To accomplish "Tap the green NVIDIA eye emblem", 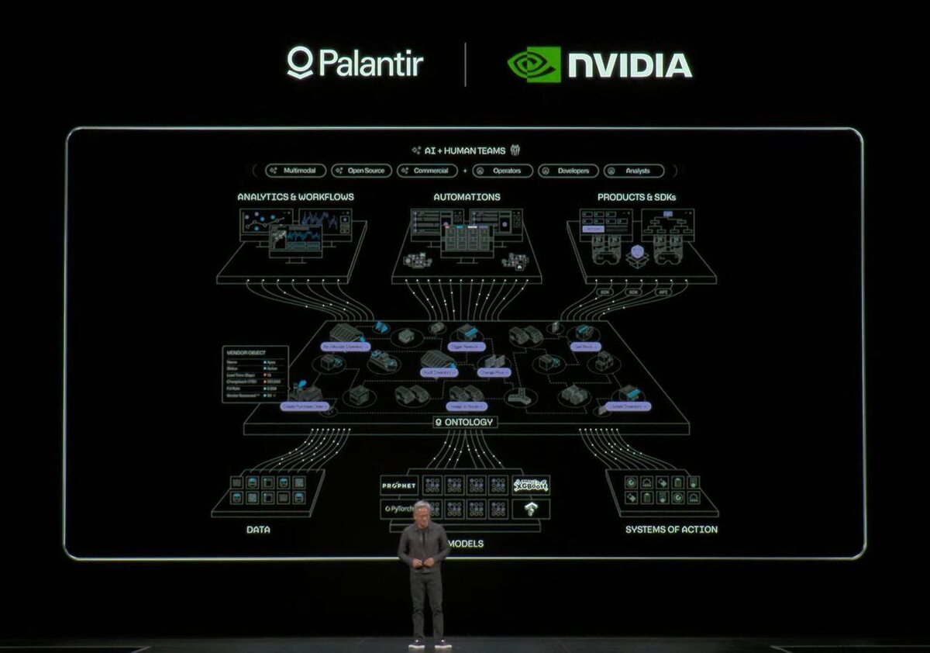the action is pos(534,64).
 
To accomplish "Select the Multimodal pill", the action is pos(295,171).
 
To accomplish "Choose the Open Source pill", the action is pos(361,171).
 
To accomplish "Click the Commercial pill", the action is pos(427,171).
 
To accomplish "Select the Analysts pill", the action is pos(633,171).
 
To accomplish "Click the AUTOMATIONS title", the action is pos(467,197).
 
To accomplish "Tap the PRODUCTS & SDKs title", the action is pos(636,197).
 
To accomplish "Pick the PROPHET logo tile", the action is pos(399,486).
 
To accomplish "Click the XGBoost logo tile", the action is pos(531,486).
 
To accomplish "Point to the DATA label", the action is pos(258,530).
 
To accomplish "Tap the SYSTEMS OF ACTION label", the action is pos(671,530).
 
